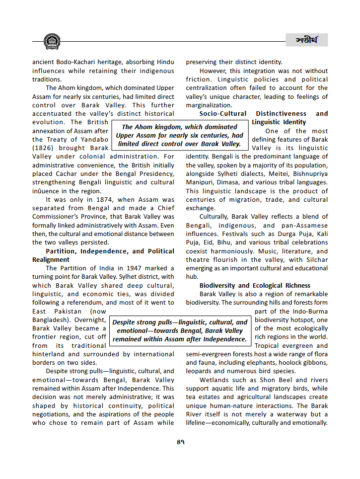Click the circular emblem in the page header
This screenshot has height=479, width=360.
point(52,41)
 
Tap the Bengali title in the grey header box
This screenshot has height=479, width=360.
point(306,40)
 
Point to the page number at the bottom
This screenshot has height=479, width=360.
point(180,442)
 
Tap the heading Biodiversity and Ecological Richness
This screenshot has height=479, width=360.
point(255,286)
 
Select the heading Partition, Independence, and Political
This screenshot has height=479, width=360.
point(110,251)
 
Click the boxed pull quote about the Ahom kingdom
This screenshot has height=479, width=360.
point(180,136)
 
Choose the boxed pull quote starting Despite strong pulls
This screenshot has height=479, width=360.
point(180,331)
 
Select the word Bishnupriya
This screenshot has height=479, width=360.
point(309,174)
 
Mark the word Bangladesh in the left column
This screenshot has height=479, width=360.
point(52,320)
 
